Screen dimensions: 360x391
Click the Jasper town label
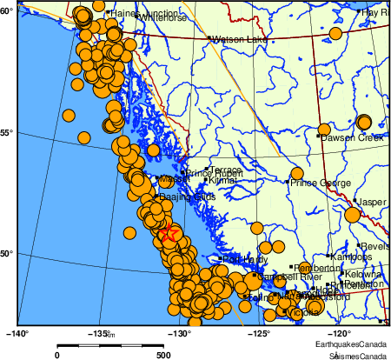tap(372, 202)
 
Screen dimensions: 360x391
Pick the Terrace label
tap(226, 170)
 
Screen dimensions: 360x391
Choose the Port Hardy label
tap(245, 259)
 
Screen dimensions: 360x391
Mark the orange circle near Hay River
tap(335, 34)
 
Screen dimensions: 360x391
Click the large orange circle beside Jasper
tap(353, 215)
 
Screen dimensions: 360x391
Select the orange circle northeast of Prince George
tap(296, 173)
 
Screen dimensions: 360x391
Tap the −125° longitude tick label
tap(260, 332)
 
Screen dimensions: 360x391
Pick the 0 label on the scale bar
tap(57, 354)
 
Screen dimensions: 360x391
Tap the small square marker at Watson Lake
tap(209, 39)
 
